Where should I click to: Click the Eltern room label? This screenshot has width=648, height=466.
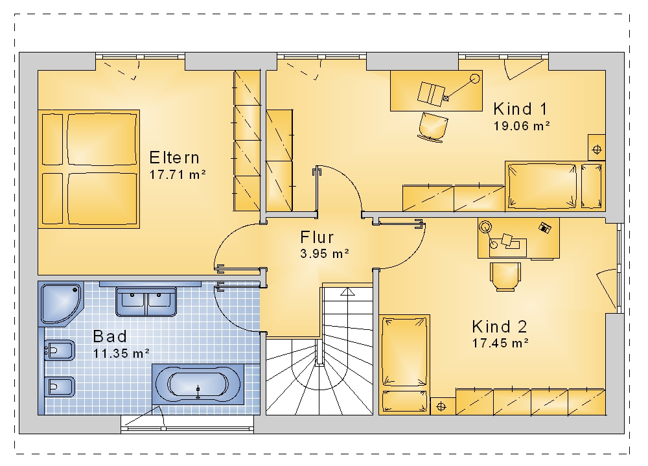tap(174, 157)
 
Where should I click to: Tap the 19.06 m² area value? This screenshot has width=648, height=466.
tap(522, 126)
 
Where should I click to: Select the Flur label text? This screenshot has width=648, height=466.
tap(317, 237)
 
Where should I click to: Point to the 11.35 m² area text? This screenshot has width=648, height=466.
tap(121, 353)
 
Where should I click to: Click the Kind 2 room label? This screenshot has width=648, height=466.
tap(499, 327)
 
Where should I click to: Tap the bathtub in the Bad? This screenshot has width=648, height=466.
tap(198, 384)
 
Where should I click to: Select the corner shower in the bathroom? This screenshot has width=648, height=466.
tap(61, 303)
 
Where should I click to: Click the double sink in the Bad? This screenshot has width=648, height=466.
tap(146, 302)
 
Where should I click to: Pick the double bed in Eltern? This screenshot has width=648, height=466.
tap(89, 169)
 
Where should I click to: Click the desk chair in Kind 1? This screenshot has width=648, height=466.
tap(433, 127)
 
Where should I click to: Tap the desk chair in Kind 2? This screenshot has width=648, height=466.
tap(505, 277)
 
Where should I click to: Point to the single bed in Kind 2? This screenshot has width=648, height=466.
tap(404, 364)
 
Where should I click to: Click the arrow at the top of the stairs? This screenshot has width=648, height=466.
tap(347, 292)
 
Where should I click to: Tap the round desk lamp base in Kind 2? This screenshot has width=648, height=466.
tap(485, 227)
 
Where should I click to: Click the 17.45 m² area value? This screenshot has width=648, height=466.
tap(500, 344)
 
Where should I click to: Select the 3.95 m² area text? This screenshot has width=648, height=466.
tap(325, 253)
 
